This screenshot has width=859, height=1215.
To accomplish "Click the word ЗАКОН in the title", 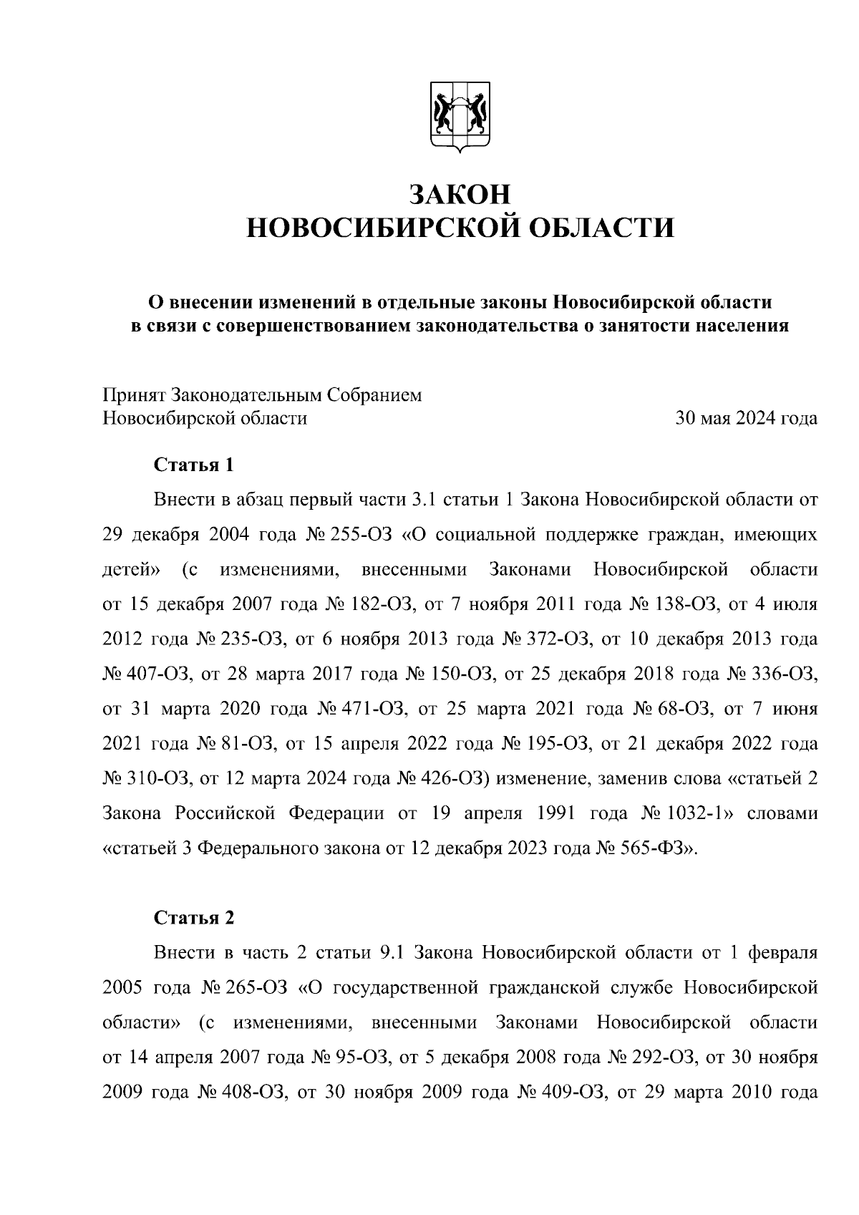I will click(x=460, y=194).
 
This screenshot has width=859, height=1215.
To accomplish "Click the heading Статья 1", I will click(x=193, y=465).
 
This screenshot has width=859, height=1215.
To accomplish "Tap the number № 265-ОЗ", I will click(x=243, y=988).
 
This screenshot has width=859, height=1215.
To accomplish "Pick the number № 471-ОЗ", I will click(x=360, y=710).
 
